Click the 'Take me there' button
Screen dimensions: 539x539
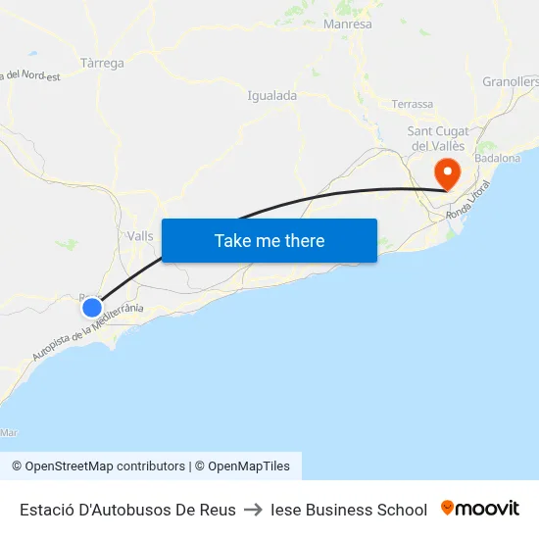point(269,241)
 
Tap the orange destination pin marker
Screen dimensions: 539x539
point(448,174)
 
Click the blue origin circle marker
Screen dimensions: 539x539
point(92,308)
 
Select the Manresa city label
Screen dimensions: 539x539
point(347,24)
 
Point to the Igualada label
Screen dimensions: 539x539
point(272,96)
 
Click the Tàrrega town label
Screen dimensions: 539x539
point(102,64)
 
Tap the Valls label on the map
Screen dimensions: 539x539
point(140,236)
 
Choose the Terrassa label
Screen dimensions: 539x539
point(412,104)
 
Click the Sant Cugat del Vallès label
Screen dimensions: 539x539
point(438,138)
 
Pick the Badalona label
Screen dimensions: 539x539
point(497,158)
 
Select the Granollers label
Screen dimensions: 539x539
point(511,81)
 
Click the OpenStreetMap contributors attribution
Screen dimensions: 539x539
point(98,466)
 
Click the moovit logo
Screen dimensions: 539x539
point(480,509)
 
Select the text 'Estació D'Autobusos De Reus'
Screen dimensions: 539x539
point(127,510)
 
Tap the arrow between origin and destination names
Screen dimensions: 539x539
point(253,510)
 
